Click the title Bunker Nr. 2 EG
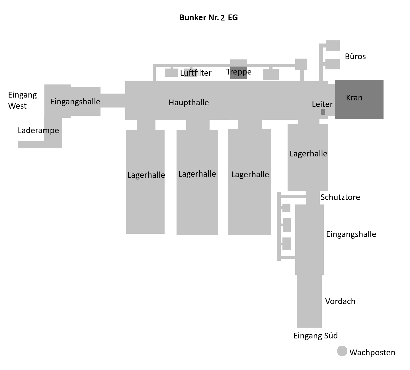tap(208, 18)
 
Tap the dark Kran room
tap(359, 100)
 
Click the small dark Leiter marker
tap(323, 112)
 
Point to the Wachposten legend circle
tap(342, 351)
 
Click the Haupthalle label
tap(188, 102)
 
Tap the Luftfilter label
tap(196, 73)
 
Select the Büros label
tap(355, 56)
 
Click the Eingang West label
tap(22, 100)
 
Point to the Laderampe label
tap(38, 130)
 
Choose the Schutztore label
tap(340, 197)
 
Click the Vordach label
tap(340, 301)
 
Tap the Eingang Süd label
tap(315, 336)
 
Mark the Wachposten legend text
tap(372, 352)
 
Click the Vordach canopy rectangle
tap(309, 301)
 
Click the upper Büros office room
tap(333, 46)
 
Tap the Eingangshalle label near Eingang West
tap(75, 102)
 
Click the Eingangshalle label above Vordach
tap(351, 234)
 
